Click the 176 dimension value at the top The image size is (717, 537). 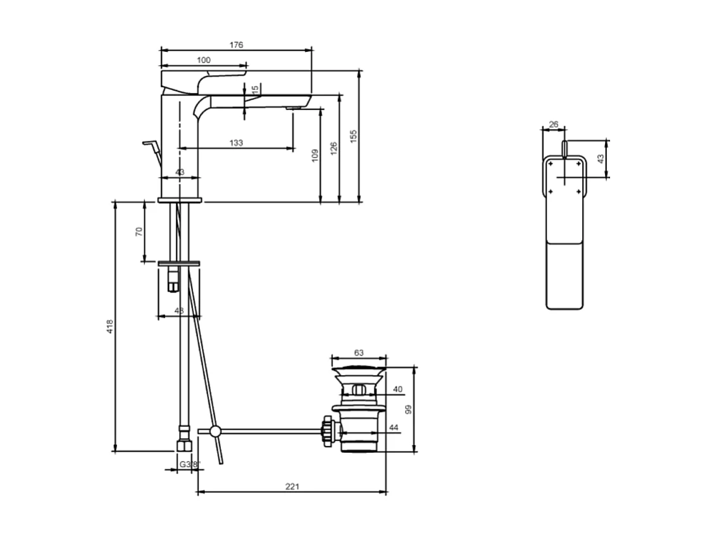coord(236,45)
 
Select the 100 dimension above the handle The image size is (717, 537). coord(203,60)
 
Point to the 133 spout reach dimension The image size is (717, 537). coord(235,143)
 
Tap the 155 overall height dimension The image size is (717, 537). coord(354,136)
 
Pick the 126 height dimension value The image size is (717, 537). coord(334,147)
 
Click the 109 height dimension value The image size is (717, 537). coord(315,156)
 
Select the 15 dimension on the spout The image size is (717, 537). coord(255,91)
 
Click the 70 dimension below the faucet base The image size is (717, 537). coord(139,231)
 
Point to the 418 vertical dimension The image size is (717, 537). coord(109,326)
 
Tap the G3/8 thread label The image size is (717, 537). coord(189,464)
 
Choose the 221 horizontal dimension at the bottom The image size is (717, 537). coord(292,486)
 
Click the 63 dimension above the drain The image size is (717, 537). coord(359,353)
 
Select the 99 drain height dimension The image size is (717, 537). coord(408,409)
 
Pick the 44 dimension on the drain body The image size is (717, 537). coord(394,428)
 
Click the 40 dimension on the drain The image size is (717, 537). coord(397,390)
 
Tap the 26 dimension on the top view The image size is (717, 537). coord(554,125)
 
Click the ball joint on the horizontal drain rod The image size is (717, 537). coord(215,431)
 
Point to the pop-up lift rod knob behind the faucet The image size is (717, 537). coord(150,144)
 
